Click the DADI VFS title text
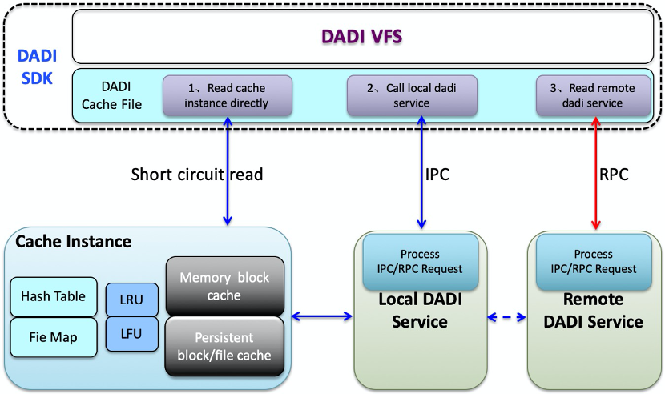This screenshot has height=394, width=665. (x=361, y=36)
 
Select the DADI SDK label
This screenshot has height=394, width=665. (x=35, y=69)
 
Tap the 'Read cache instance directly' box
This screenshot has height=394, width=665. (x=227, y=95)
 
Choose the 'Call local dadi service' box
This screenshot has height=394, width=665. (x=412, y=95)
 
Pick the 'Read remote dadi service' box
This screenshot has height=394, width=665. (x=592, y=95)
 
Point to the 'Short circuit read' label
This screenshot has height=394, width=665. (x=196, y=175)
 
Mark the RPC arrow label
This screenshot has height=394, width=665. (x=615, y=175)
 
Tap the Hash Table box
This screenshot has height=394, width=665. (x=54, y=296)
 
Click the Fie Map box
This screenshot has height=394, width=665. (x=54, y=336)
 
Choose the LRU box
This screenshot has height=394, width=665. (x=132, y=300)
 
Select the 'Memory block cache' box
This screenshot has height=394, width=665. (x=224, y=286)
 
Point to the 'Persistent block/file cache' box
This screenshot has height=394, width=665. (x=224, y=346)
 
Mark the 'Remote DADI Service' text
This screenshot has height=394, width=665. (x=594, y=311)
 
